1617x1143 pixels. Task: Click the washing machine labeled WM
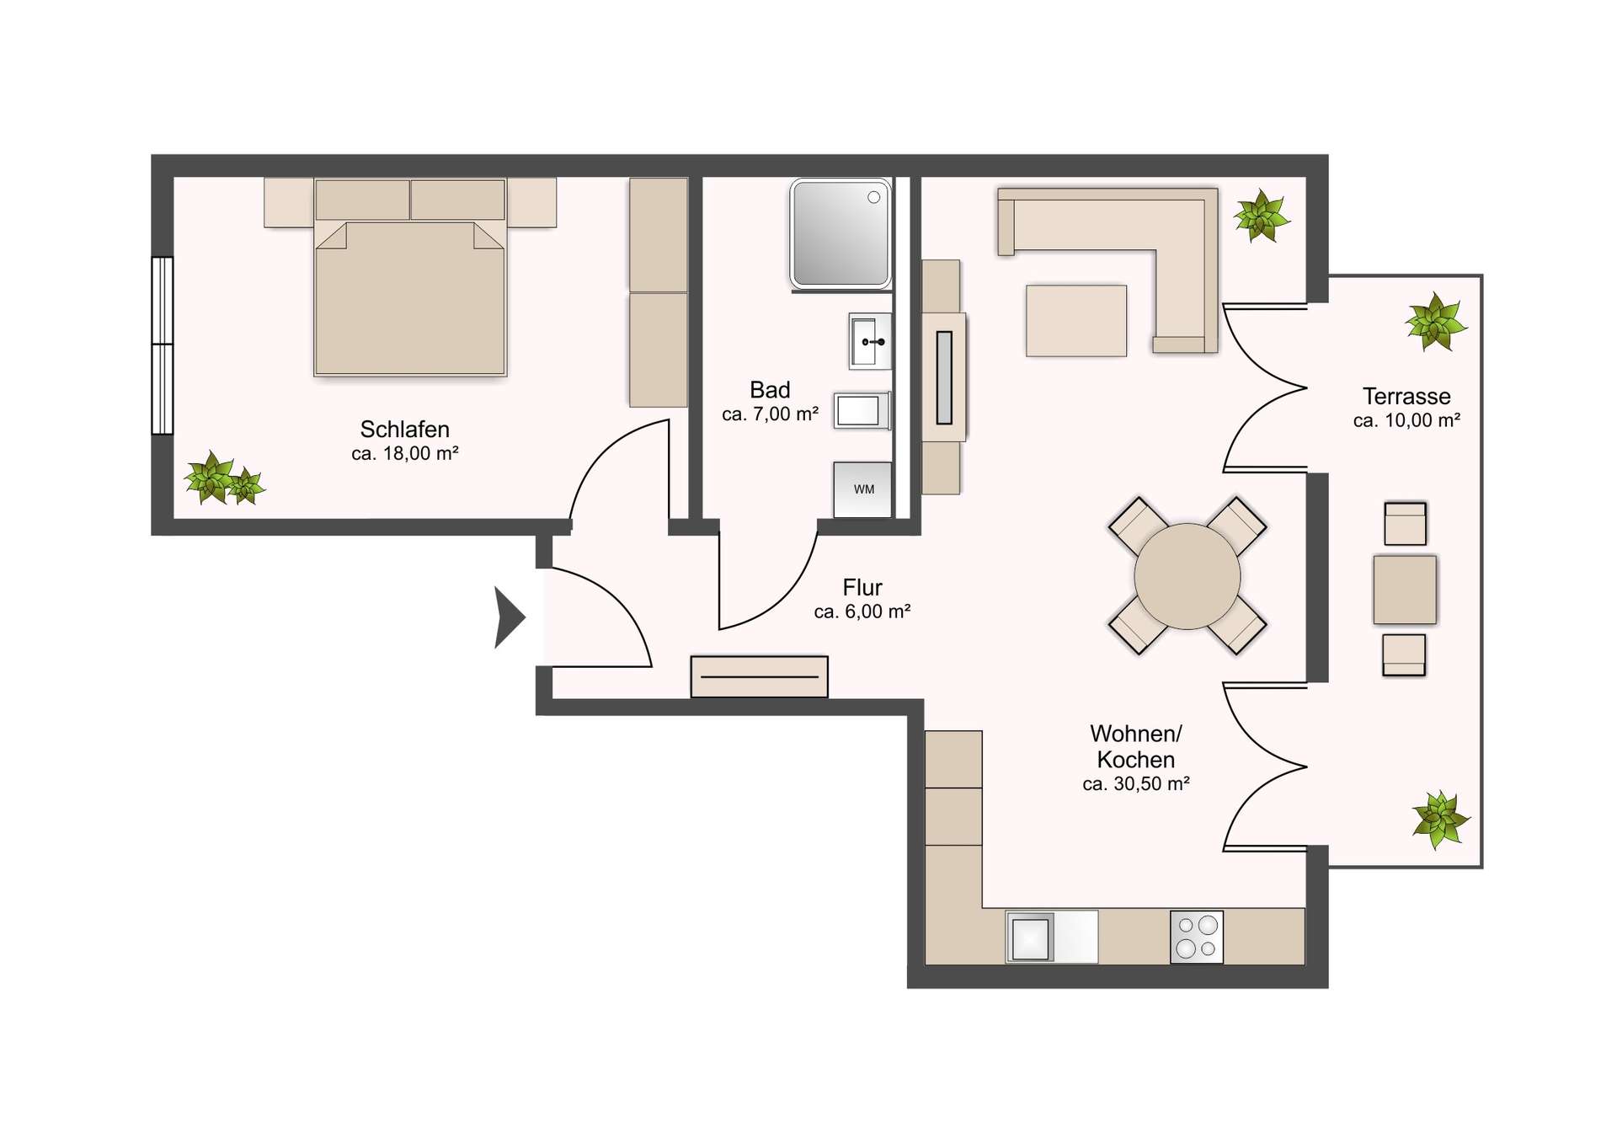coord(862,489)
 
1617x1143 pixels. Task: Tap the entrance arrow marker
coord(509,617)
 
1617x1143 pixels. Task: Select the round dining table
coord(1187,576)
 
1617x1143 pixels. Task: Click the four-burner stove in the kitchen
coord(1197,937)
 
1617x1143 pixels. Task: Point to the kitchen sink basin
coord(1030,937)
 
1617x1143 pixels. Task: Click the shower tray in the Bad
coord(841,234)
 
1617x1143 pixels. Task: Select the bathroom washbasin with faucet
coord(870,341)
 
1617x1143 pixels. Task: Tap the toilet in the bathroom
coord(862,411)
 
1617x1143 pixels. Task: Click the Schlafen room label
coord(405,429)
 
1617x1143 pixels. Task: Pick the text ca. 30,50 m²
coord(1136,784)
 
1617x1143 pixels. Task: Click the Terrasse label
coord(1406,396)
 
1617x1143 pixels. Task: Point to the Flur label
coord(862,587)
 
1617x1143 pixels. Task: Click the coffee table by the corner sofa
coord(1076,321)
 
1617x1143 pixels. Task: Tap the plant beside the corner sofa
coord(1261,216)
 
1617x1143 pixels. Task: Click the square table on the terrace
coord(1405,590)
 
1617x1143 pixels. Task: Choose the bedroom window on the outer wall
coord(163,345)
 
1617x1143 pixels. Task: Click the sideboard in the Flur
coord(759,676)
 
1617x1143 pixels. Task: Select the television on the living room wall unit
coord(944,377)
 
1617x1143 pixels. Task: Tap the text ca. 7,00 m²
coord(771,414)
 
